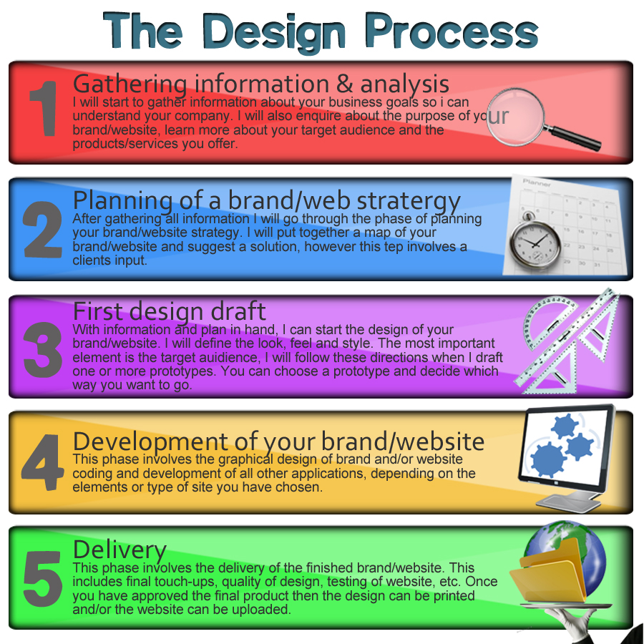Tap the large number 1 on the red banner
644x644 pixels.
[44, 108]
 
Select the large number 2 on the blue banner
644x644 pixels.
[43, 230]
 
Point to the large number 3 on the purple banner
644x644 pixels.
[43, 349]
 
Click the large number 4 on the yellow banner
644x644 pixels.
[43, 462]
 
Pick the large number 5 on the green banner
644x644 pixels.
[43, 578]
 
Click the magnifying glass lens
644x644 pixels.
[515, 117]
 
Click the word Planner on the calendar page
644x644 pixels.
[537, 182]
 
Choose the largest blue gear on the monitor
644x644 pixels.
[548, 459]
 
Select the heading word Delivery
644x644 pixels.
[119, 550]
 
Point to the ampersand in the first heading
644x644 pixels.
[344, 84]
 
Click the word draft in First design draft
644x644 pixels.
[238, 311]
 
